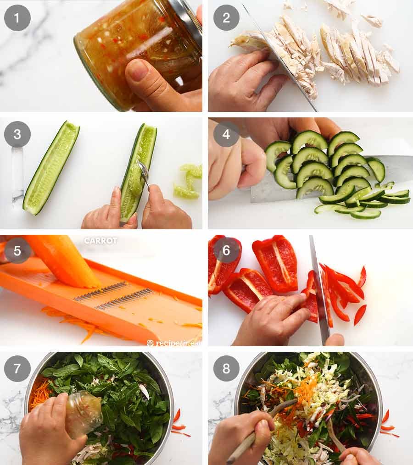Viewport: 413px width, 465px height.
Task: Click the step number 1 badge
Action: click(x=17, y=18)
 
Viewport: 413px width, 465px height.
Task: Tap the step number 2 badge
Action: click(x=226, y=18)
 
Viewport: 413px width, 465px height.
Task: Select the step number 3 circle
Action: click(x=17, y=134)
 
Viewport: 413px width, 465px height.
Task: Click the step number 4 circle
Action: click(x=226, y=134)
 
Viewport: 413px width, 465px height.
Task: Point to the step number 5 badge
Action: click(x=17, y=250)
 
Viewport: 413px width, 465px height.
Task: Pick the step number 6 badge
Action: click(x=226, y=250)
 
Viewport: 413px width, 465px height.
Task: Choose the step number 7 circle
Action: click(x=17, y=368)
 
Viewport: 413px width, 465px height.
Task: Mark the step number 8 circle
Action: click(x=226, y=368)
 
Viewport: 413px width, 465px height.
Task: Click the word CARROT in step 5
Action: click(x=100, y=241)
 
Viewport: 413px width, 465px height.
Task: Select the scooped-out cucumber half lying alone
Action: click(x=50, y=167)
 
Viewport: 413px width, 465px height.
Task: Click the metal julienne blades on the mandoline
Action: click(x=115, y=296)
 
